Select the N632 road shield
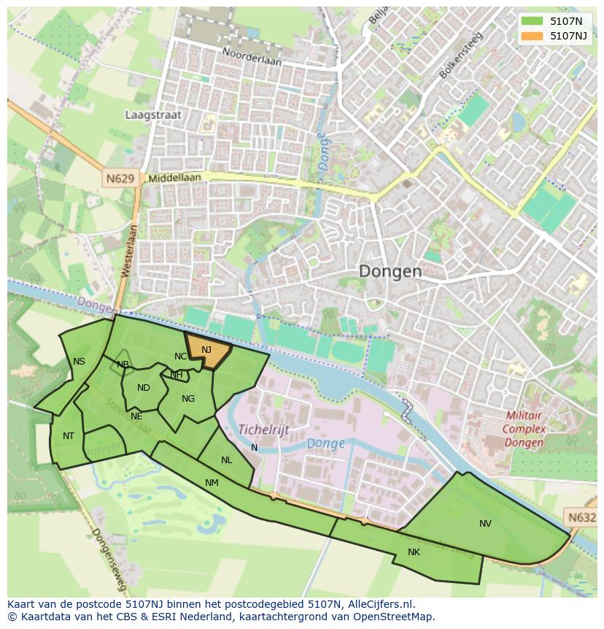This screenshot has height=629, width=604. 581,517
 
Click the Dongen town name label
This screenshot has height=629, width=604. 390,272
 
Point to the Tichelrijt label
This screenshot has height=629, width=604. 263,430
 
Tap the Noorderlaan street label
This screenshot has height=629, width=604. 252,58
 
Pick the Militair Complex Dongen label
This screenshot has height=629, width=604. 524,429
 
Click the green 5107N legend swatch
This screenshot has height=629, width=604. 532,20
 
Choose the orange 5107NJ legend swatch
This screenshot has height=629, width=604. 532,35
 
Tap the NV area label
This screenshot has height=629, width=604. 485,524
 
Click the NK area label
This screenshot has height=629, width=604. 414,552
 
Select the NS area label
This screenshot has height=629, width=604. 79,362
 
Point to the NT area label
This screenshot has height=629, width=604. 69,436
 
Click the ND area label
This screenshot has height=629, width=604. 143,388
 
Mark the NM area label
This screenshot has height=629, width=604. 212,483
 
